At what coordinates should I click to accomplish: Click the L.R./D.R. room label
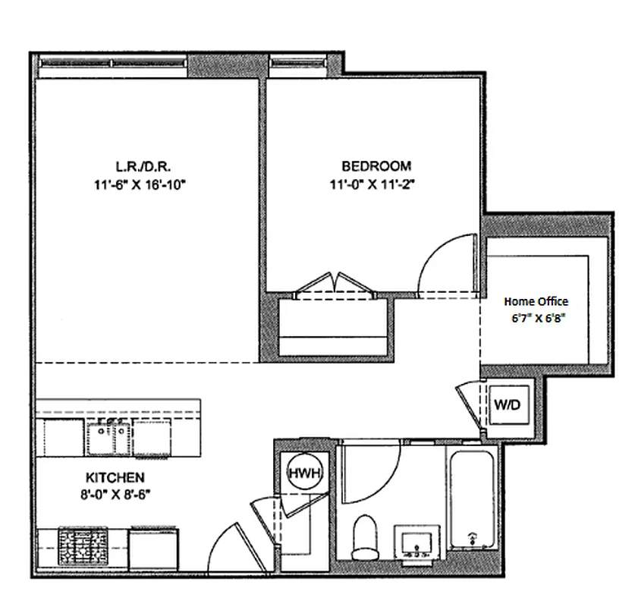(x=136, y=165)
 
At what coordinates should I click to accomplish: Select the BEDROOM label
(x=376, y=165)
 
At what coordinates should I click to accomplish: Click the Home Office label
(x=536, y=301)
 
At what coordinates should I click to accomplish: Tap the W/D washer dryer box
(x=507, y=405)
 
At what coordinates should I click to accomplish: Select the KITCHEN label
(x=115, y=478)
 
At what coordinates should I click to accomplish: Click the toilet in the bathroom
(x=366, y=535)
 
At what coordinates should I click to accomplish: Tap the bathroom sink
(x=417, y=543)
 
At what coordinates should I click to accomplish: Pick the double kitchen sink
(x=110, y=438)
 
